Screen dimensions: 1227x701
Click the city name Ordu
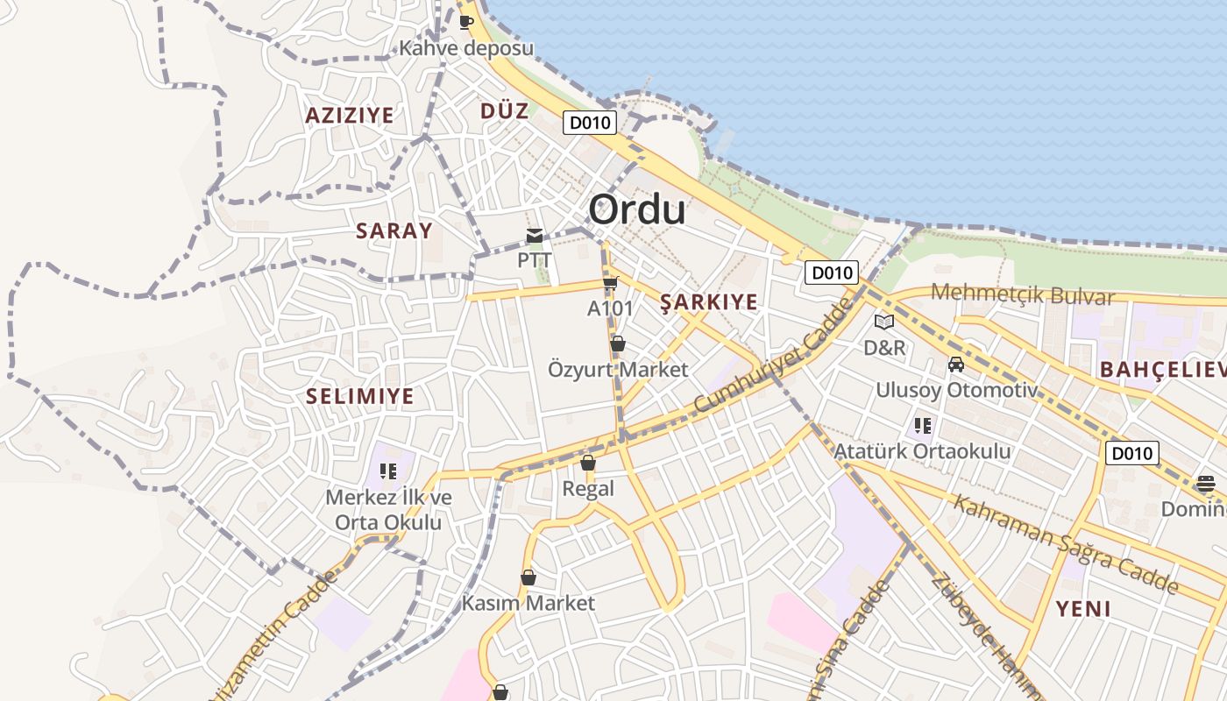click(636, 210)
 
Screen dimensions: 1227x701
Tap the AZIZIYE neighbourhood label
click(350, 115)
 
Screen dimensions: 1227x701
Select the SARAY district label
click(394, 230)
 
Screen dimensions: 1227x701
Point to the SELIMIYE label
click(359, 396)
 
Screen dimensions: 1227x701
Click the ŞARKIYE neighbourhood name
click(708, 302)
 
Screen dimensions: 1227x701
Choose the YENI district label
click(1083, 608)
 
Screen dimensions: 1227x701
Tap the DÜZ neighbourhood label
click(505, 111)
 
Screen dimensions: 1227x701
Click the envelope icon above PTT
click(535, 235)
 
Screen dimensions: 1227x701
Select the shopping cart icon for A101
click(611, 283)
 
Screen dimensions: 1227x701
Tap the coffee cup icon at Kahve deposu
click(466, 22)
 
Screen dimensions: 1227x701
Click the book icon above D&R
click(884, 322)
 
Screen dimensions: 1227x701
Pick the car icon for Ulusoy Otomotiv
click(956, 365)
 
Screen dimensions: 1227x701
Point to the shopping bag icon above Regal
click(588, 463)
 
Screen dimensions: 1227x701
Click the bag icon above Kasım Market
click(528, 577)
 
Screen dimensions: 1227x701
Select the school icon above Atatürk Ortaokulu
click(922, 426)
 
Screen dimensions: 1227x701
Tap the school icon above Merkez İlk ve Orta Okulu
click(388, 471)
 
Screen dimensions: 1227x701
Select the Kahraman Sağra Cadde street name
click(1065, 543)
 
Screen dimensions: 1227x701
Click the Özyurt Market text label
click(618, 370)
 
